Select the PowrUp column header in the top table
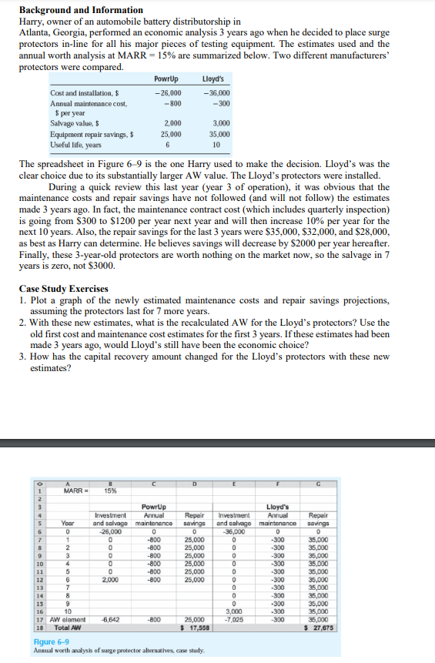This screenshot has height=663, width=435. coord(166,79)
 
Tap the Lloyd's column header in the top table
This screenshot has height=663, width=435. coord(212,79)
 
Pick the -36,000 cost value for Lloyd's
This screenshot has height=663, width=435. coord(216,93)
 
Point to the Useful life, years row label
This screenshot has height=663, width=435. coord(75,145)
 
